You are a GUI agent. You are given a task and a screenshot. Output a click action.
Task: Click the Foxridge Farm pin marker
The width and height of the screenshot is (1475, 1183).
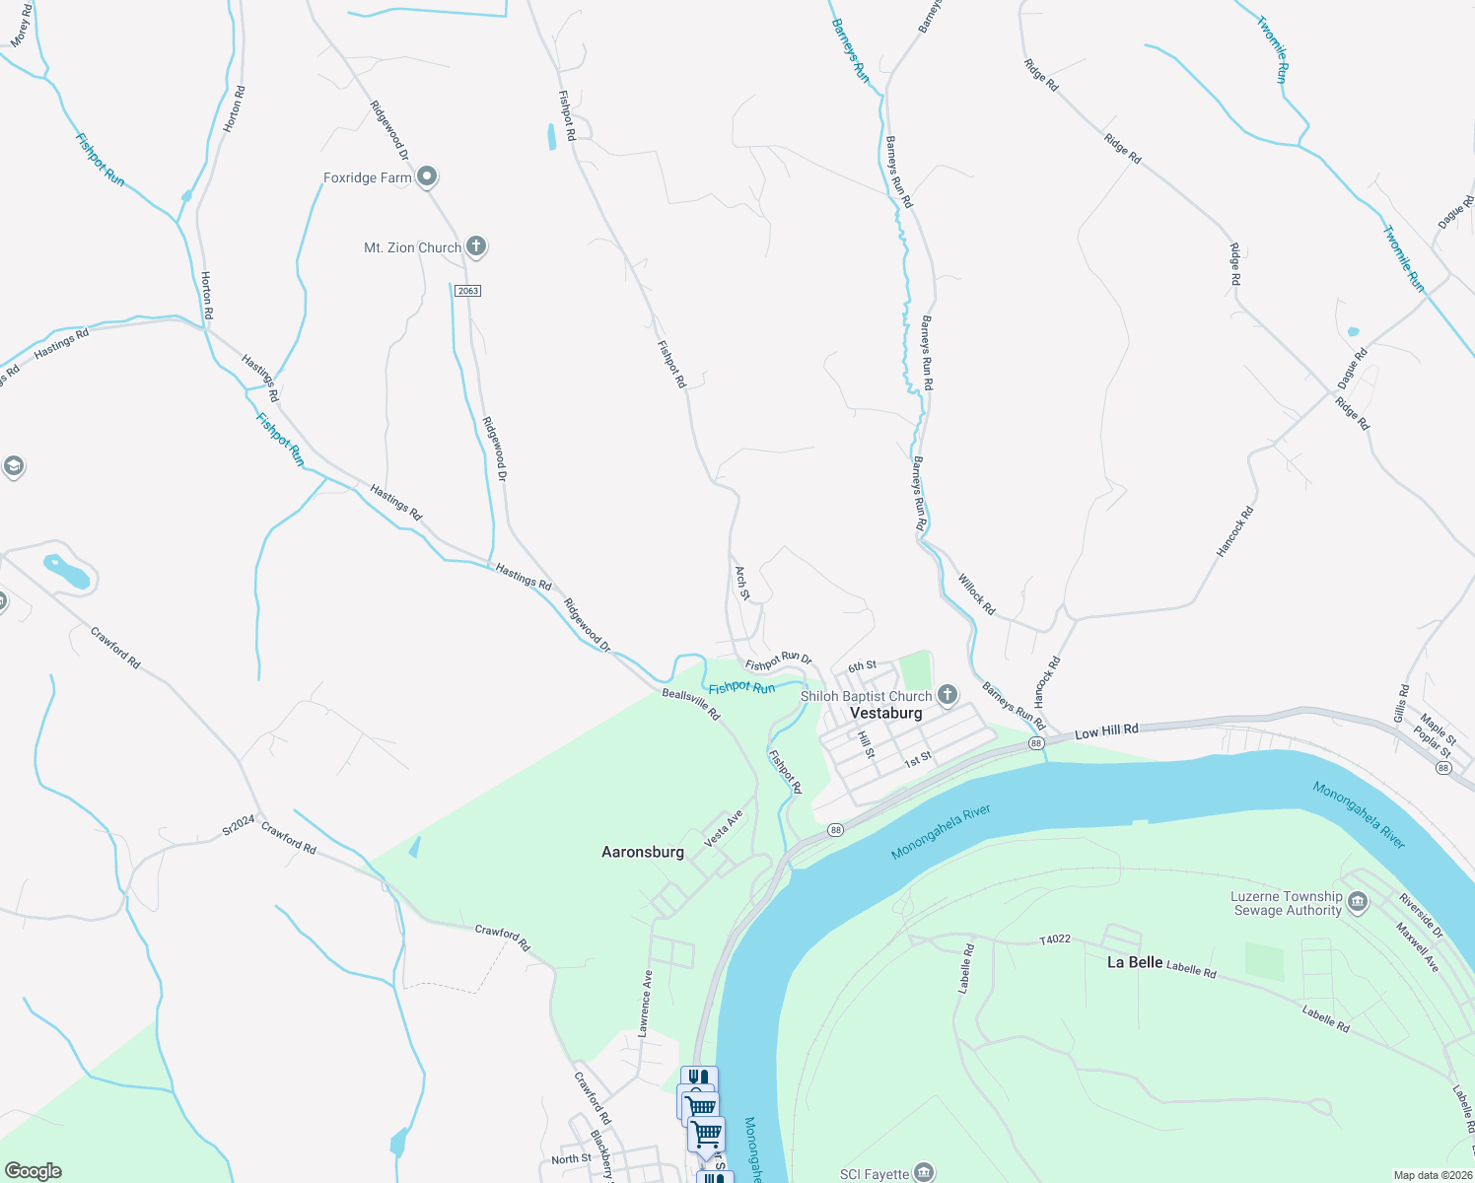point(427,177)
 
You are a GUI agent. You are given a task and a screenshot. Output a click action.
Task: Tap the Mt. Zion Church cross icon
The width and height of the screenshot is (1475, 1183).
point(476,246)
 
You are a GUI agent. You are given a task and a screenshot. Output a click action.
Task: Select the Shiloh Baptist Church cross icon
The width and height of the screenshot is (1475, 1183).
point(947,696)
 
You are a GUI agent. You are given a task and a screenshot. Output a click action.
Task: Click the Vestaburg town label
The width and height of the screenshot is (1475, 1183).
point(885,713)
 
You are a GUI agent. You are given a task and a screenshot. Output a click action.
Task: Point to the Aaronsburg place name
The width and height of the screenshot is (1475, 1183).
point(643,852)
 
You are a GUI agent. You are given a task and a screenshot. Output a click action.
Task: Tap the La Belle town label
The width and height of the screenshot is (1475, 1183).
point(1135,962)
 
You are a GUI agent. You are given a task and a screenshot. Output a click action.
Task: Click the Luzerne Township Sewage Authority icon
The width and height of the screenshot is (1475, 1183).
point(1358,903)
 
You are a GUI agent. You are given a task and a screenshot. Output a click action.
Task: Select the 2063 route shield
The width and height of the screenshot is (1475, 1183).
point(467,291)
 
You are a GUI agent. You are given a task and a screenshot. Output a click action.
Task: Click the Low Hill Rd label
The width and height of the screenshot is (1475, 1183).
point(1106,731)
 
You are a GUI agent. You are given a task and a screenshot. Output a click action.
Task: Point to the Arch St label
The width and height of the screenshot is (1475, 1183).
point(742,582)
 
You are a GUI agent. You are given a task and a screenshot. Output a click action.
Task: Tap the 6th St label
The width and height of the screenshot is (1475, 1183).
point(862,666)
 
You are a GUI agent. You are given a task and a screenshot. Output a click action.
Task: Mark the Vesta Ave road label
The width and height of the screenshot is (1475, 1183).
point(723,828)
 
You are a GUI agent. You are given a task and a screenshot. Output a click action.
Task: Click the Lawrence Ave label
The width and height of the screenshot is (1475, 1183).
point(645,1004)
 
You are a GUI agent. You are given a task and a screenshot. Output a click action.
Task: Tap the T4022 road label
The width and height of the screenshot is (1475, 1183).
point(1055,939)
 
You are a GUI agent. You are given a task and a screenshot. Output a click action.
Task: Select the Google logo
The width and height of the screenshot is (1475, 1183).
point(33,1171)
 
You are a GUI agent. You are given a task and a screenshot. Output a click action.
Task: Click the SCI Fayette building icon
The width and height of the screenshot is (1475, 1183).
point(924,1172)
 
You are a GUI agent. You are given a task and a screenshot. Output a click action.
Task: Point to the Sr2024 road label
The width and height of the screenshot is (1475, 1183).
point(239,825)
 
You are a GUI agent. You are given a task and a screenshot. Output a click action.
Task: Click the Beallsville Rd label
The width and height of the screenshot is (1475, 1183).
point(690,704)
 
